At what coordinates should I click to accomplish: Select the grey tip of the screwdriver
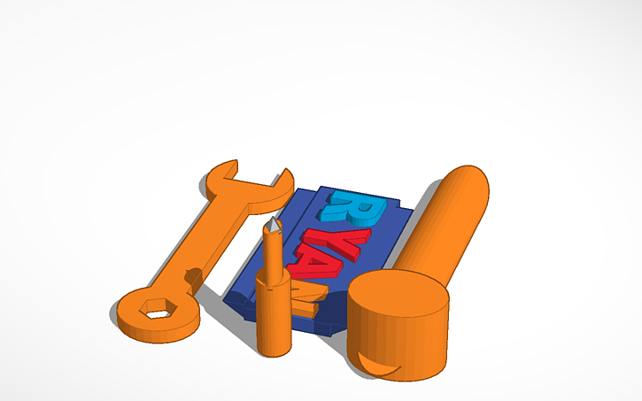point(275,228)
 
